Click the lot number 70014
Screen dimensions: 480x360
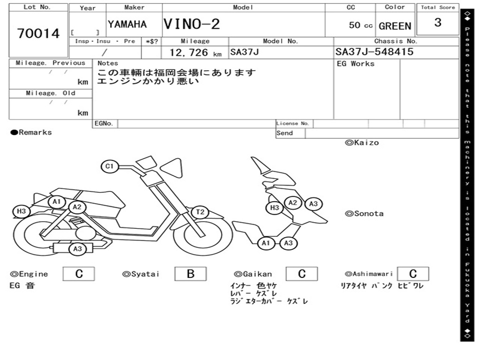pyautogui.click(x=38, y=34)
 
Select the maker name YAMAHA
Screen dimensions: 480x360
pyautogui.click(x=127, y=24)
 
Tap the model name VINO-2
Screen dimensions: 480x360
pyautogui.click(x=191, y=24)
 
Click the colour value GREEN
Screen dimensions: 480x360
pyautogui.click(x=395, y=26)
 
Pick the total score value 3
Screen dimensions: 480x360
pyautogui.click(x=438, y=22)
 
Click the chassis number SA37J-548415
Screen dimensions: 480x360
pyautogui.click(x=374, y=52)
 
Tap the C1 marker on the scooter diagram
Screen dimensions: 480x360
pyautogui.click(x=110, y=166)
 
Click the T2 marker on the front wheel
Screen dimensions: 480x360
pyautogui.click(x=200, y=212)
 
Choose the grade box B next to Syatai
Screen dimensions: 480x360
pyautogui.click(x=190, y=274)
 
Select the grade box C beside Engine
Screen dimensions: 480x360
pyautogui.click(x=79, y=274)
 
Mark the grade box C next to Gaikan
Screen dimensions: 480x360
pyautogui.click(x=301, y=274)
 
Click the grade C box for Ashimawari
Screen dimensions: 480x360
pyautogui.click(x=413, y=274)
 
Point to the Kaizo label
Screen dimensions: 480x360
pyautogui.click(x=362, y=142)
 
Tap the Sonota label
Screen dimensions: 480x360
pyautogui.click(x=364, y=214)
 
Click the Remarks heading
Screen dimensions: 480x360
pyautogui.click(x=32, y=133)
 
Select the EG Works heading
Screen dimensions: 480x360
pyautogui.click(x=356, y=64)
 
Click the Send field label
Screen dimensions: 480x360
pyautogui.click(x=285, y=133)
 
